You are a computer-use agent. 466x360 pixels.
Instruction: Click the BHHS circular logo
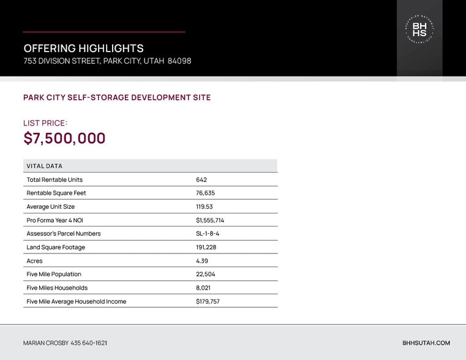click(x=419, y=29)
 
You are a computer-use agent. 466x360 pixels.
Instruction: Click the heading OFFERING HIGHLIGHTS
click(x=83, y=48)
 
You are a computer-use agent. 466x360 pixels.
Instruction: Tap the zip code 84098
click(x=179, y=61)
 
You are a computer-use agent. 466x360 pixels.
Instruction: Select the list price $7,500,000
click(x=64, y=138)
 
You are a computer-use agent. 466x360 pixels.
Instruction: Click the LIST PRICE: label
click(x=45, y=123)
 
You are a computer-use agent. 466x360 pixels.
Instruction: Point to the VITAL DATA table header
click(x=44, y=166)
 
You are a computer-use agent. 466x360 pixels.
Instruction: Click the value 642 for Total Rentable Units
click(x=201, y=180)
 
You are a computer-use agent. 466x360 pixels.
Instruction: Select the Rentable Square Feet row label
click(x=56, y=193)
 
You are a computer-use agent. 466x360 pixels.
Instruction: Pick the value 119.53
click(x=205, y=207)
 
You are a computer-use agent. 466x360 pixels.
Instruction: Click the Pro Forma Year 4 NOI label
click(x=54, y=220)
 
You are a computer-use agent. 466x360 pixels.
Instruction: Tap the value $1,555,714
click(x=210, y=220)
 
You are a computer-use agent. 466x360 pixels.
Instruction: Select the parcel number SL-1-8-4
click(x=208, y=234)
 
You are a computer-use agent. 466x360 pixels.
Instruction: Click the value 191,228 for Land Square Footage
click(x=206, y=247)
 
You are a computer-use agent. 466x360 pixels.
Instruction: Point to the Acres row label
click(x=34, y=261)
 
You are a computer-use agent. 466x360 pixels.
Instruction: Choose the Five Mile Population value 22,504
click(x=206, y=274)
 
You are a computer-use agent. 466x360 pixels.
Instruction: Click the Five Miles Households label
click(x=57, y=288)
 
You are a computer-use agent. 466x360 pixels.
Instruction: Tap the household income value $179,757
click(x=208, y=301)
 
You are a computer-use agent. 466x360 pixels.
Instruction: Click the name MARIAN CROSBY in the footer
click(x=46, y=343)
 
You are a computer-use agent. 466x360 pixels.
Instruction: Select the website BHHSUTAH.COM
click(x=426, y=343)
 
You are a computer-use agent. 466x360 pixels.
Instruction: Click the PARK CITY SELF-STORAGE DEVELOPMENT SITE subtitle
click(x=117, y=97)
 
